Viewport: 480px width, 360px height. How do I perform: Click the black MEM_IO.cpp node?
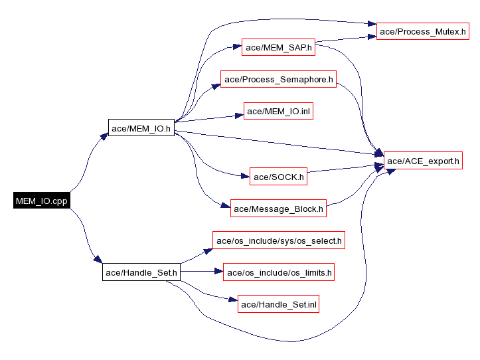tap(41, 200)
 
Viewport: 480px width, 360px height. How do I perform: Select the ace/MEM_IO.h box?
tap(141, 128)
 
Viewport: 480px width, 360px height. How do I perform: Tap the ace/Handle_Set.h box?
tap(141, 272)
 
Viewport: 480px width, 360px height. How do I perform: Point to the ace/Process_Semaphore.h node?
tap(279, 80)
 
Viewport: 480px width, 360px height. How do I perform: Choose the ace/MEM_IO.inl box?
tap(279, 112)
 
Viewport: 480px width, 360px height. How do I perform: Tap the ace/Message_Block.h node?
tap(279, 209)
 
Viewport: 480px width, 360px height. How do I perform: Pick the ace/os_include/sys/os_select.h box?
tap(279, 240)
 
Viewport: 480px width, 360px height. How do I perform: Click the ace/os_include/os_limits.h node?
tap(279, 272)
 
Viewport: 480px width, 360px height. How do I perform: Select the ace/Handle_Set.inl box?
tap(279, 304)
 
